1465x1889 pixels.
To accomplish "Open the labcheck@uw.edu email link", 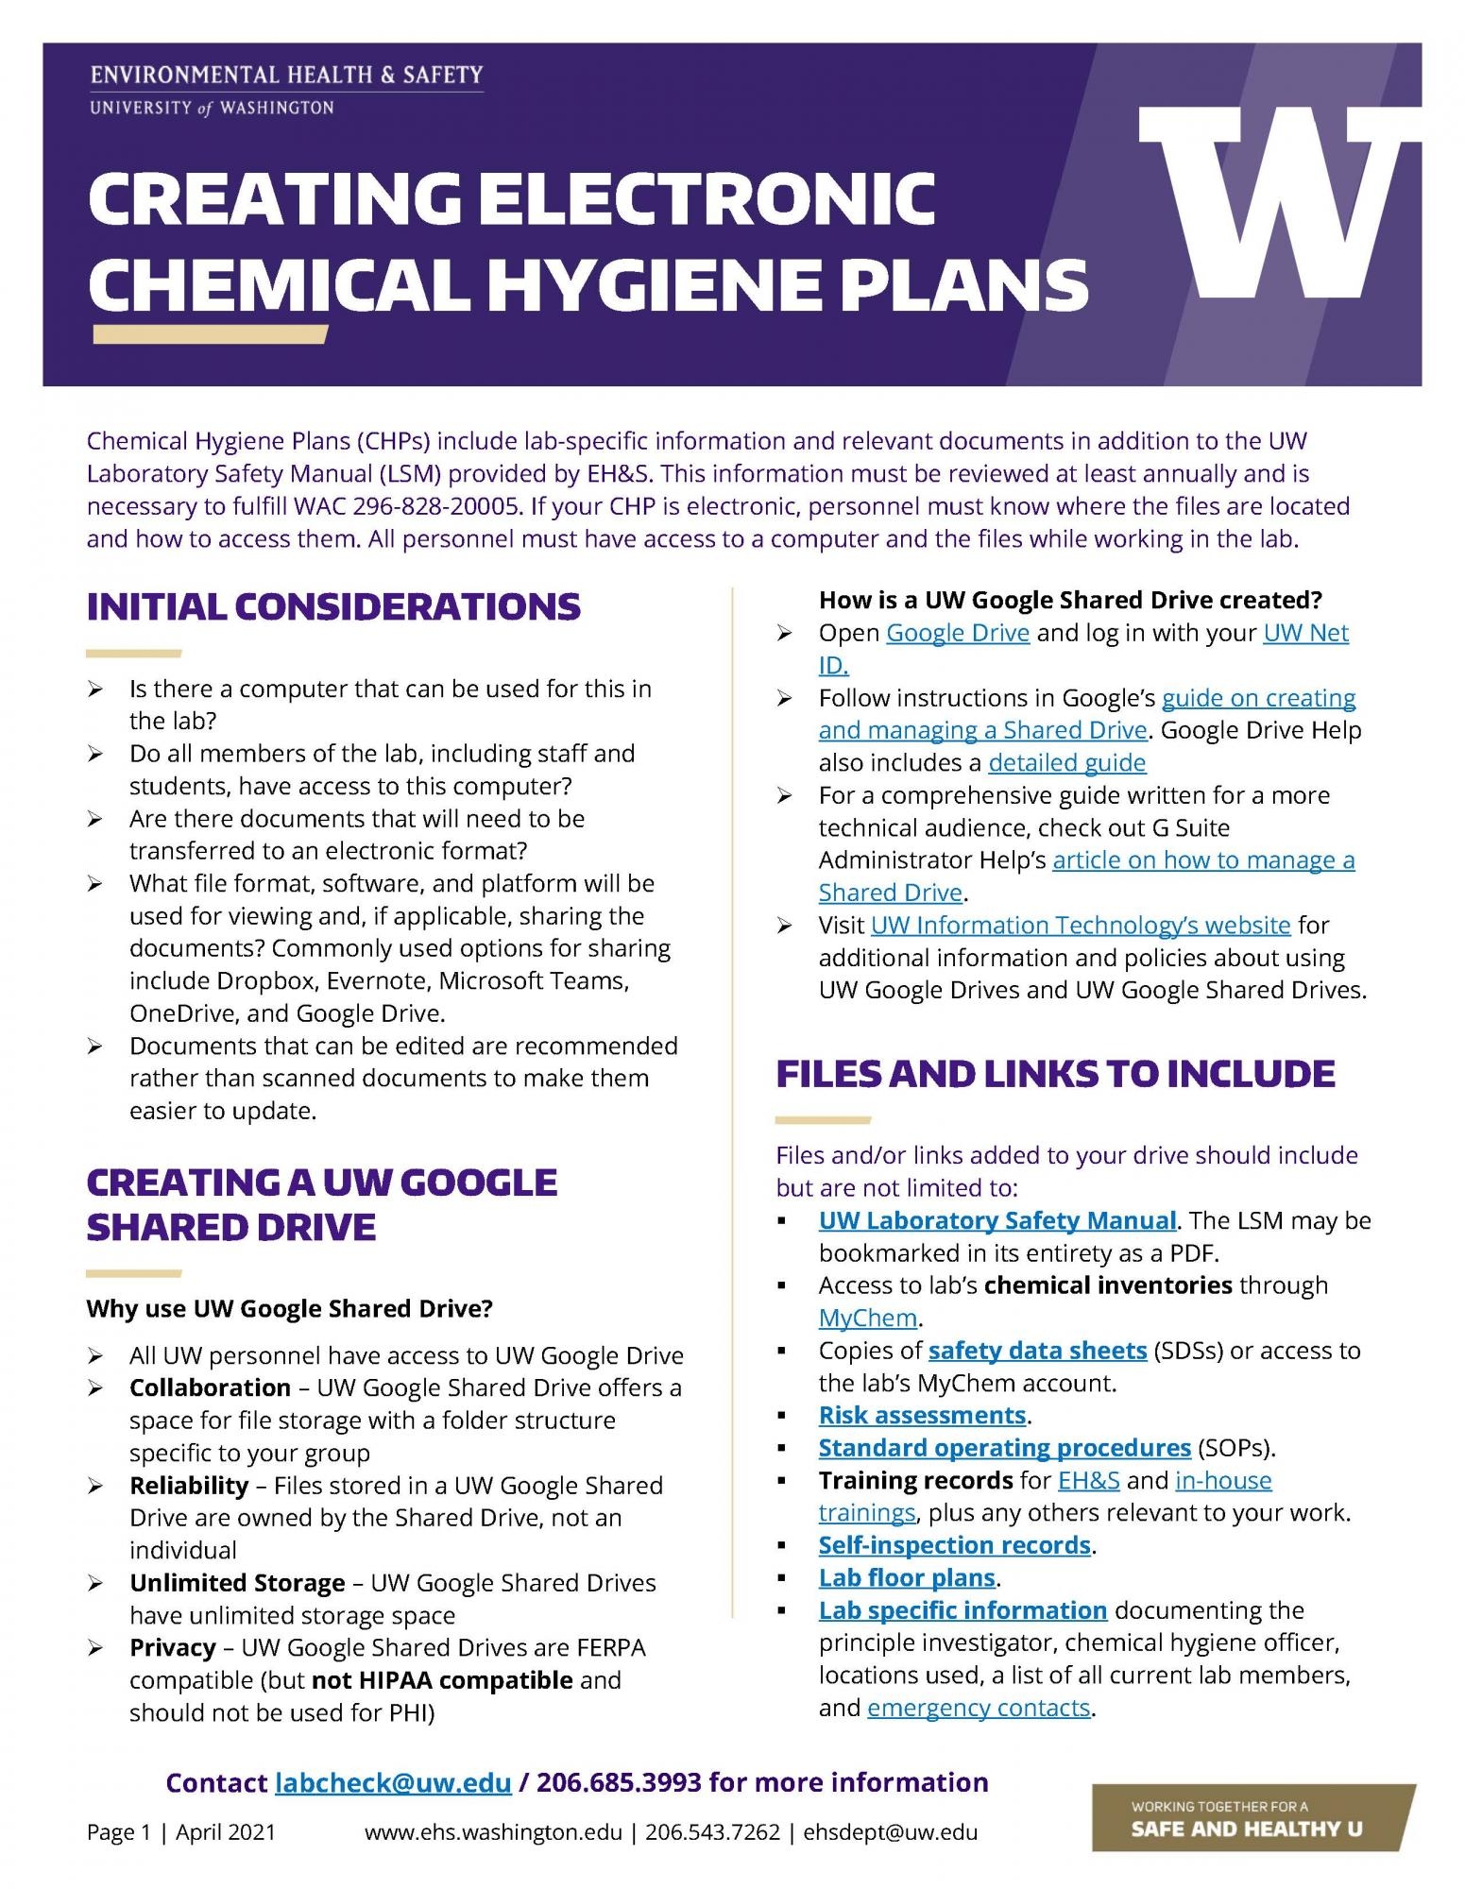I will point(393,1782).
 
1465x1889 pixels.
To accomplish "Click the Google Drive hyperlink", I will point(957,633).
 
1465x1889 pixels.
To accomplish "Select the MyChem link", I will point(868,1318).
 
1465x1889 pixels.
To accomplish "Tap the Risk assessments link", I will point(922,1415).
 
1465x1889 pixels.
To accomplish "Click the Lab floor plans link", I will point(907,1577).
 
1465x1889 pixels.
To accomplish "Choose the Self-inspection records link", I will point(954,1544).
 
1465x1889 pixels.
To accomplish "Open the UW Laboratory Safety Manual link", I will point(997,1220).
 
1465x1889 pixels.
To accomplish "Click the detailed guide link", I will point(1066,762).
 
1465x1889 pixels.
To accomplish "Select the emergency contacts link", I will point(979,1708).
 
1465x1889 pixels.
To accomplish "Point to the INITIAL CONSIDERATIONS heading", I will point(333,606).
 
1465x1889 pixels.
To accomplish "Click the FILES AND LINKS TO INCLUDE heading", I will point(1055,1074).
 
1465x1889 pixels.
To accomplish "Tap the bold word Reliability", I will point(189,1485).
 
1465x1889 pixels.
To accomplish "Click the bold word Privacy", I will point(173,1647).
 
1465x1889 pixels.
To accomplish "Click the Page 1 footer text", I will point(118,1832).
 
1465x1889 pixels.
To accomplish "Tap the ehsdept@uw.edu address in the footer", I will point(890,1832).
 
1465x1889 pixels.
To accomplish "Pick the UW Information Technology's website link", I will point(1080,925).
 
